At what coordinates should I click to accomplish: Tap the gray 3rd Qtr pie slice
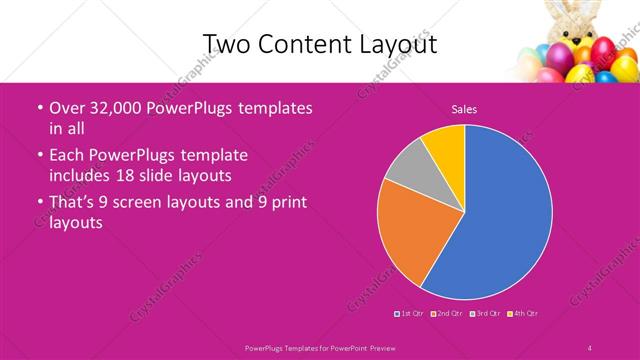pyautogui.click(x=405, y=169)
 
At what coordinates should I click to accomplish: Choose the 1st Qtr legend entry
pyautogui.click(x=409, y=314)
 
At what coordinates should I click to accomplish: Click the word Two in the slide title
pyautogui.click(x=224, y=43)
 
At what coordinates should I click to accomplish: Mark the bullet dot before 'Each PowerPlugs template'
pyautogui.click(x=39, y=156)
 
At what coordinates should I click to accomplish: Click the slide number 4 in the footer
pyautogui.click(x=590, y=347)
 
